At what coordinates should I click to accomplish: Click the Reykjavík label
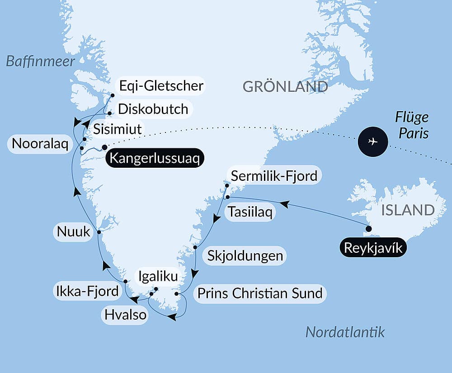pyautogui.click(x=372, y=248)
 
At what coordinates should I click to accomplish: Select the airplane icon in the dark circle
pyautogui.click(x=372, y=142)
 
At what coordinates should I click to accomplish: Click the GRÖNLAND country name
pyautogui.click(x=285, y=86)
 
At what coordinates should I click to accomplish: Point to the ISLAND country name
pyautogui.click(x=408, y=210)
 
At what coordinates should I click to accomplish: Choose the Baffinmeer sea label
pyautogui.click(x=40, y=61)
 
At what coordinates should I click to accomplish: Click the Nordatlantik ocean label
pyautogui.click(x=345, y=332)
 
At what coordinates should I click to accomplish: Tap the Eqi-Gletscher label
pyautogui.click(x=161, y=85)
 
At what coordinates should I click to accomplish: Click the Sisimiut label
pyautogui.click(x=117, y=129)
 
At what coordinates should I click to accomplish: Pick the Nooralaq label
pyautogui.click(x=40, y=144)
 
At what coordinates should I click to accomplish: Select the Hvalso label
pyautogui.click(x=125, y=314)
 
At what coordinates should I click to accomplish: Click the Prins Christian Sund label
pyautogui.click(x=259, y=293)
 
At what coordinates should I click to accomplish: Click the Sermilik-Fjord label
pyautogui.click(x=274, y=176)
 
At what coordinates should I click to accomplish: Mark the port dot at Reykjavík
pyautogui.click(x=368, y=229)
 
